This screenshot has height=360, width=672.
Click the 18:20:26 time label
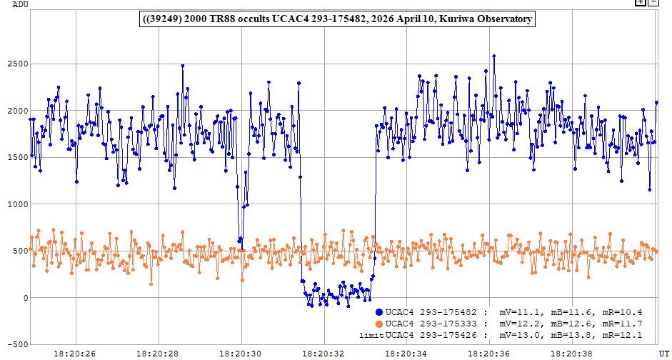76,354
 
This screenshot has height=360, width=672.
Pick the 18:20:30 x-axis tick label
241,354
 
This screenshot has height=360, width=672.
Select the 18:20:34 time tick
407,354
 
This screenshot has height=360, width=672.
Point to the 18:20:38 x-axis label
572,354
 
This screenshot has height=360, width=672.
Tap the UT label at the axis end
666,354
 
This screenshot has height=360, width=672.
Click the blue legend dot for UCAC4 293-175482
379,312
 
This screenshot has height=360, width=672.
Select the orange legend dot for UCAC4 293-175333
379,324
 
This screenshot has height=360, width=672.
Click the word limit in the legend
371,336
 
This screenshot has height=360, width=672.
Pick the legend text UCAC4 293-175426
431,335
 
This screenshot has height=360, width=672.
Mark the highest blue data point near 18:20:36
494,56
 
